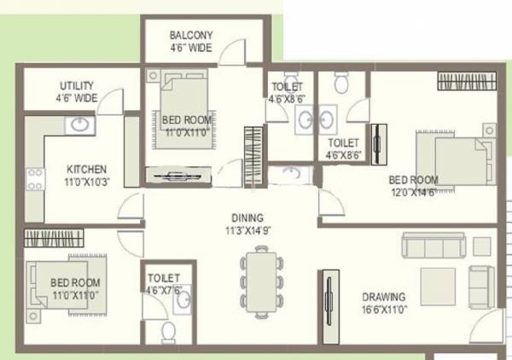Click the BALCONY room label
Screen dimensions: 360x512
pyautogui.click(x=191, y=35)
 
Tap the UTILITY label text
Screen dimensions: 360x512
pyautogui.click(x=77, y=86)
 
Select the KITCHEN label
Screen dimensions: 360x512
pyautogui.click(x=86, y=169)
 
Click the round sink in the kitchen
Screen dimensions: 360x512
pyautogui.click(x=79, y=125)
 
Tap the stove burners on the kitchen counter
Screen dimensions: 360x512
pyautogui.click(x=35, y=179)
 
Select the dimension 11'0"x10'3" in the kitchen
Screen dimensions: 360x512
pyautogui.click(x=87, y=182)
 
